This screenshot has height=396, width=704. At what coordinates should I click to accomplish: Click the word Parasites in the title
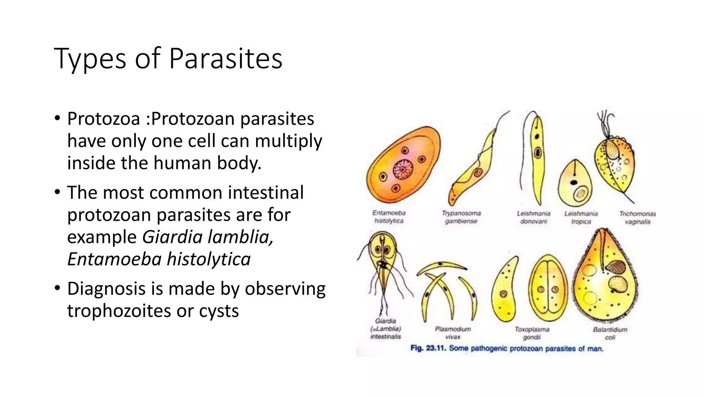coord(225,58)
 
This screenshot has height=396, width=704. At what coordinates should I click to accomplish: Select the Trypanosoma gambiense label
coord(461,217)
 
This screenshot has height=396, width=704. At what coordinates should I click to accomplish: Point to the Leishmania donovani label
coord(533,217)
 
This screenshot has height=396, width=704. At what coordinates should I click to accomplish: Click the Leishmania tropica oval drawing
coord(575,186)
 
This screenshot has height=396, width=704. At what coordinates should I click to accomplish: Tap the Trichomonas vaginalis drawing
coord(615,162)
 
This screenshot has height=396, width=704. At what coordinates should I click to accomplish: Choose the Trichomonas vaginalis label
coord(637,218)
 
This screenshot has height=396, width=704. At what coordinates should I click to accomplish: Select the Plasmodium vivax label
coord(453,333)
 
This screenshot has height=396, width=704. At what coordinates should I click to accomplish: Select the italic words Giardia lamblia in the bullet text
coord(208,237)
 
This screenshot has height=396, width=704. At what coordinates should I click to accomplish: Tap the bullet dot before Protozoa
coord(57,119)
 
